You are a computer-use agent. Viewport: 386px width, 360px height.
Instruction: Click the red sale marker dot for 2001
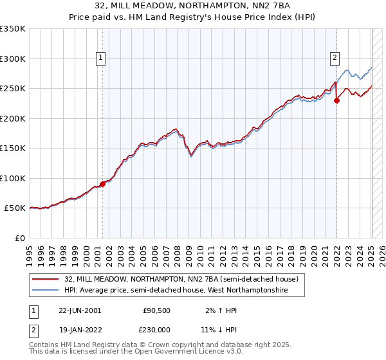tap(102, 184)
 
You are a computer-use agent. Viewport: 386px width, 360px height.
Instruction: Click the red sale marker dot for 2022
tap(336, 100)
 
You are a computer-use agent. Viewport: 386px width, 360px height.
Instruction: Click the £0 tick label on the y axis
tap(19, 238)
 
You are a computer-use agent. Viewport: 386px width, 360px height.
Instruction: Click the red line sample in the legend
tap(46, 280)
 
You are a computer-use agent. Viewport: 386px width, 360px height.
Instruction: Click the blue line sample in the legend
tap(46, 291)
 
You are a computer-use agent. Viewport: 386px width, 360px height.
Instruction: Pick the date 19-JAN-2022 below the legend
tap(80, 330)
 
